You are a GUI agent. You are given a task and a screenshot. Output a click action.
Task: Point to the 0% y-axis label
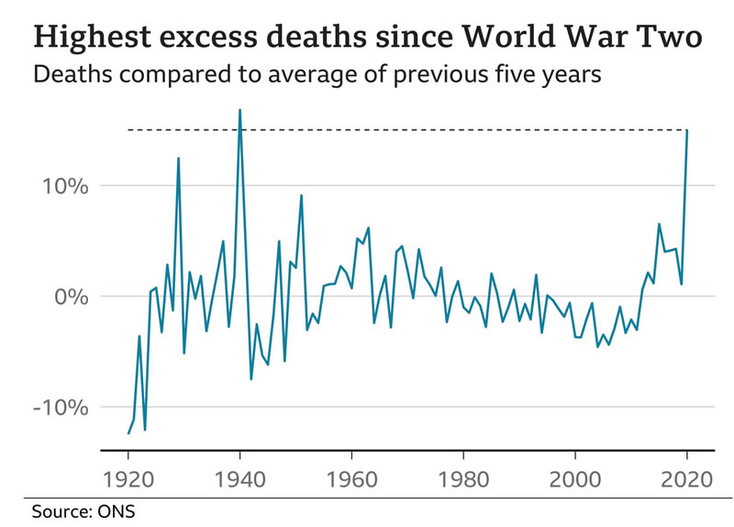pyautogui.click(x=67, y=297)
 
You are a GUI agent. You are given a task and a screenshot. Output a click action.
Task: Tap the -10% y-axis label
pyautogui.click(x=57, y=407)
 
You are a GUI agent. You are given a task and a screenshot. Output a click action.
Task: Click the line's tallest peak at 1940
pyautogui.click(x=239, y=110)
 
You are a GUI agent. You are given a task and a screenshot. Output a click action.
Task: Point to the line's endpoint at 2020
pyautogui.click(x=687, y=130)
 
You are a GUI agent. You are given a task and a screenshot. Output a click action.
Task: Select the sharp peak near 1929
pyautogui.click(x=178, y=158)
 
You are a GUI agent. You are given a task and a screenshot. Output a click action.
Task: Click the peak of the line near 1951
pyautogui.click(x=301, y=195)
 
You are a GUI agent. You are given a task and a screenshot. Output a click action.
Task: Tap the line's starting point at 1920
pyautogui.click(x=128, y=433)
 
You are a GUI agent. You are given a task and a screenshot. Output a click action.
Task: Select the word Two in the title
pyautogui.click(x=675, y=37)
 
